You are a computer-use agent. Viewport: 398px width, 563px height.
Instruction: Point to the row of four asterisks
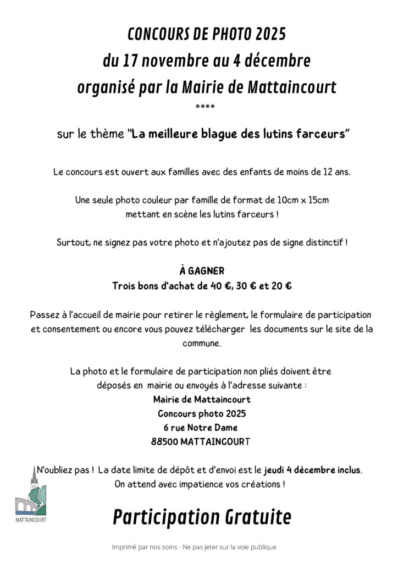click(x=204, y=106)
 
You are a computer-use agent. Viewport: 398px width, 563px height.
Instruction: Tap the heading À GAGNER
click(x=202, y=271)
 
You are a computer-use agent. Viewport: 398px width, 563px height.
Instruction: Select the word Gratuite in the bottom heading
click(x=258, y=517)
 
